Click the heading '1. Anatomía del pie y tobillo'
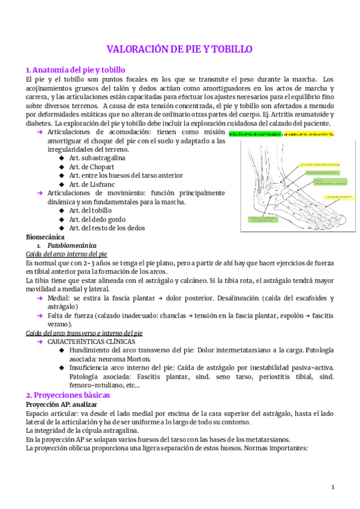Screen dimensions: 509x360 (x=76, y=70)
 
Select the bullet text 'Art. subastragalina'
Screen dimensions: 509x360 (x=97, y=158)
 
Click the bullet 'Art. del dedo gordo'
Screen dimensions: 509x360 (x=97, y=219)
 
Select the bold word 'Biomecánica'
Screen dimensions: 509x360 (x=45, y=236)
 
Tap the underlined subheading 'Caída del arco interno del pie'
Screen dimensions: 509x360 (x=67, y=254)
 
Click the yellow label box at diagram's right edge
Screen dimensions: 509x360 (x=340, y=197)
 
